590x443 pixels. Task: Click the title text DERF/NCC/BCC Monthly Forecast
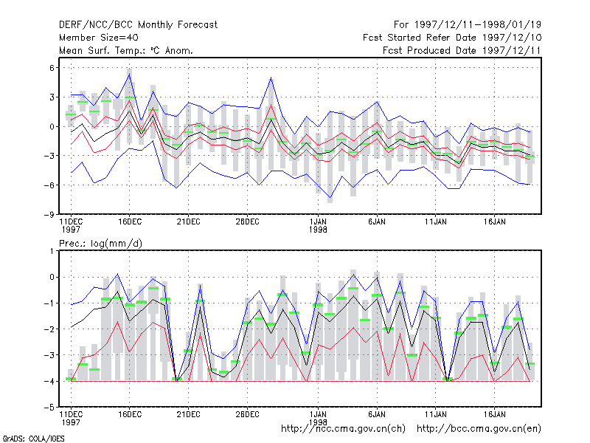tap(138, 25)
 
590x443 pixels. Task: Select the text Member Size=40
tap(99, 38)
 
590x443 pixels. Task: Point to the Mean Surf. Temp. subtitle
tap(126, 50)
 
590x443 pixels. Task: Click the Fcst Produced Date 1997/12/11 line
tap(462, 50)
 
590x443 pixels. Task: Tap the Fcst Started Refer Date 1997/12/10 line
tap(452, 38)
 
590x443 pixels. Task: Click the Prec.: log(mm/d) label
tap(100, 244)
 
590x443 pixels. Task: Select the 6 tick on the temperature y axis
tap(52, 68)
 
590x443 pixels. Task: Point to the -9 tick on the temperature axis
tap(49, 215)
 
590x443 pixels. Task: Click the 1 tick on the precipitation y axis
tap(52, 251)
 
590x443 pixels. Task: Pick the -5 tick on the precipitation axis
tap(49, 408)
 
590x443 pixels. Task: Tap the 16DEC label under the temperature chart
tap(130, 222)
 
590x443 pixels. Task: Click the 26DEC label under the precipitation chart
tap(247, 414)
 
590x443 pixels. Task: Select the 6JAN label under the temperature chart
tap(377, 222)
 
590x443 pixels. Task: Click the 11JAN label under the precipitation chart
tap(436, 414)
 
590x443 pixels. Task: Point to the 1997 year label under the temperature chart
tap(71, 230)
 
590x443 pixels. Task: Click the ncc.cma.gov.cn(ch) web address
tap(343, 429)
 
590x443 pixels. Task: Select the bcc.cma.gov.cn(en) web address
tap(479, 429)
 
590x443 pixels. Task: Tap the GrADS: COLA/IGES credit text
tap(33, 439)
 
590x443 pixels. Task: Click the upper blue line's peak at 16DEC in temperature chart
tap(130, 75)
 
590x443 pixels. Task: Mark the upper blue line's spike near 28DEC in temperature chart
tap(271, 78)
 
